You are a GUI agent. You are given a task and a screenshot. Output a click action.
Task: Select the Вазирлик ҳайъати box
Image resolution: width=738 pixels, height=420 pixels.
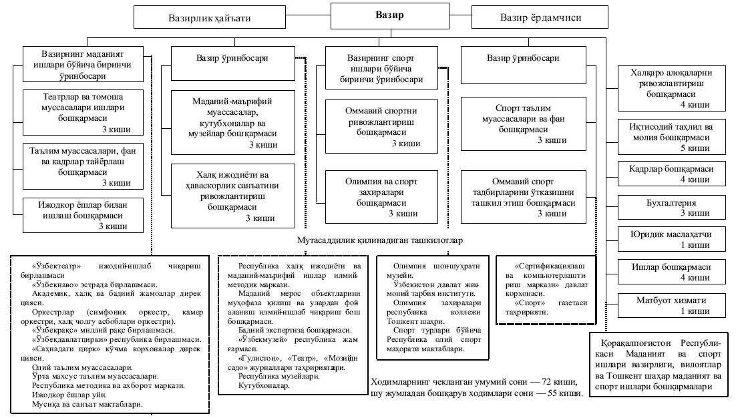(x=208, y=18)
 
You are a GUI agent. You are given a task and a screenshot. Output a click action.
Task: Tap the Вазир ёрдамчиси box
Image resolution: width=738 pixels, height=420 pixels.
(x=540, y=18)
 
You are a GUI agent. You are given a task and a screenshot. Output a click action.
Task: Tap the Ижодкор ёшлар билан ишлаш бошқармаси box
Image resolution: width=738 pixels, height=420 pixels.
(x=83, y=214)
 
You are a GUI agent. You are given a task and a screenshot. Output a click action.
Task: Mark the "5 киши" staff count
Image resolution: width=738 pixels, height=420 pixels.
(x=695, y=148)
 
